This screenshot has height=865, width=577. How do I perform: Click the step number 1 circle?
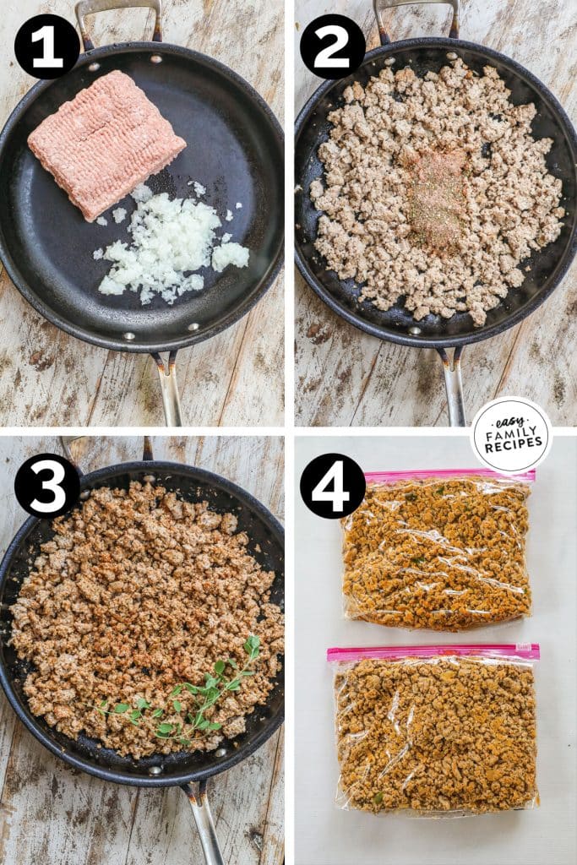47,46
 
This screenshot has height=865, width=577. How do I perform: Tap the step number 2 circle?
333,46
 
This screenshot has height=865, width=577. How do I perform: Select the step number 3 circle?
47,486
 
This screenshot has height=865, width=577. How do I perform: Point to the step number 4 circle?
333,486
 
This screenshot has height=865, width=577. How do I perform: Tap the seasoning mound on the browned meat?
437,199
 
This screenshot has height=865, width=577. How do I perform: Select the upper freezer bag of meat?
437,549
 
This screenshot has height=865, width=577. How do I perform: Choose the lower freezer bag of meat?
435,731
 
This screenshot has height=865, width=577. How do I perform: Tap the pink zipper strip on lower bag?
433,653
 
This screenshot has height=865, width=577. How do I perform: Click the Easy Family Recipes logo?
511,435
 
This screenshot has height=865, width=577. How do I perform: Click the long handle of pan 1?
169,389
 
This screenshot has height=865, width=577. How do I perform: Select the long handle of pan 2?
454,384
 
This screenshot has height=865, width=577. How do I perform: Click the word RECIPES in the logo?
511,449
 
